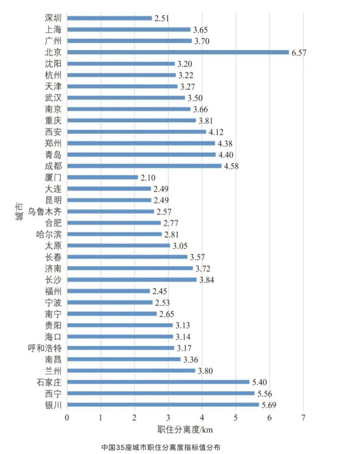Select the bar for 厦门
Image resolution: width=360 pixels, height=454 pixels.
103,177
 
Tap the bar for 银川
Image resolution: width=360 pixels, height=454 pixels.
163,404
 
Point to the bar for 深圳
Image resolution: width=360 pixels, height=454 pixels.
110,18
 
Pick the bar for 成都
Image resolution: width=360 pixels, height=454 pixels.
145,166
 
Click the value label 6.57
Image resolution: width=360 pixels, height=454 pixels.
300,52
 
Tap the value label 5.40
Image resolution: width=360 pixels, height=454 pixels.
261,382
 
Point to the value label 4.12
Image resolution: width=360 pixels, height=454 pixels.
217,132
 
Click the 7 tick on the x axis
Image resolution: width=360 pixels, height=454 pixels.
303,417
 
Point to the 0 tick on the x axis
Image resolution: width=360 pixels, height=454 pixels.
67,417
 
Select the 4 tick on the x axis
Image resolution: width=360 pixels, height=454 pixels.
202,417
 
